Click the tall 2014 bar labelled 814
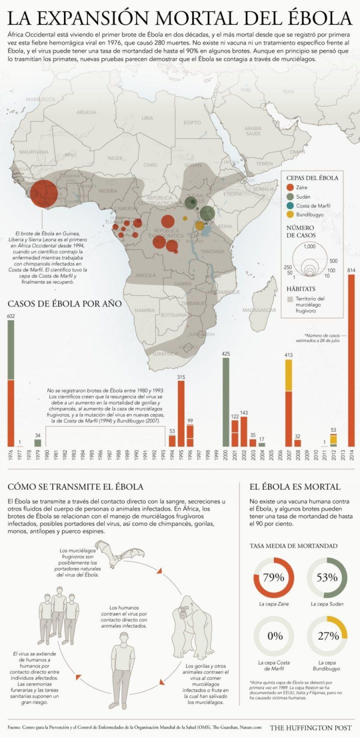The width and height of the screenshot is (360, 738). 351,360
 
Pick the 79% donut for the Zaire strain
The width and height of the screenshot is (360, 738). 273,577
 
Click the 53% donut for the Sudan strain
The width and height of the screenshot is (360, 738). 326,577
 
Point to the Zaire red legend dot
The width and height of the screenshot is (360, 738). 289,188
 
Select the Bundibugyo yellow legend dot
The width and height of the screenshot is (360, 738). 289,214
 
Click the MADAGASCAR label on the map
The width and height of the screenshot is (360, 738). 259,310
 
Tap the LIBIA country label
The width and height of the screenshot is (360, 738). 147,118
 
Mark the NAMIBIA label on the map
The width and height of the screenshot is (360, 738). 144,310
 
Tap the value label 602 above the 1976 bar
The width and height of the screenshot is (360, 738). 11,316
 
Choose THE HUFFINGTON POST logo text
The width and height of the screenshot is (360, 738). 310,727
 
